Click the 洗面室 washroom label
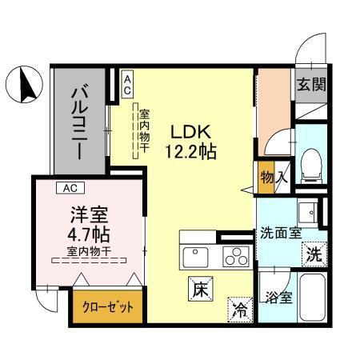point(279,234)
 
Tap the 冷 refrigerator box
point(238,307)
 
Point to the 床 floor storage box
point(200,289)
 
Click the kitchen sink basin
point(195,258)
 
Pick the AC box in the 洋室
point(70,189)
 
